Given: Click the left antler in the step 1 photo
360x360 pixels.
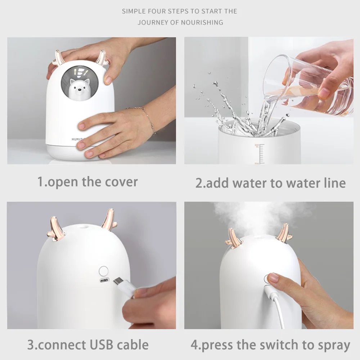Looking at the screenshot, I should [57, 58].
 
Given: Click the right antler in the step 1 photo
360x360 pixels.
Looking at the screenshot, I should [102, 58].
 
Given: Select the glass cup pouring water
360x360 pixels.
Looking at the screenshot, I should [306, 85].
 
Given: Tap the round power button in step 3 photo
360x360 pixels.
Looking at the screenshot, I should [104, 270].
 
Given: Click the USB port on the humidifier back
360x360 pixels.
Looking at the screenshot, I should [104, 281].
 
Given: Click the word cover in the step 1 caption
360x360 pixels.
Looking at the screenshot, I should [121, 182].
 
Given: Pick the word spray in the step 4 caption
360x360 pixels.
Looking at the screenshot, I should [332, 345].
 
